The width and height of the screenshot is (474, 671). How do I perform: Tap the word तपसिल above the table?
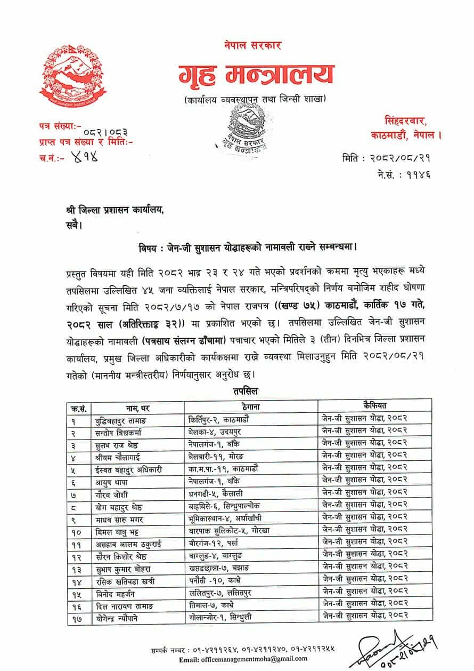(245, 392)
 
